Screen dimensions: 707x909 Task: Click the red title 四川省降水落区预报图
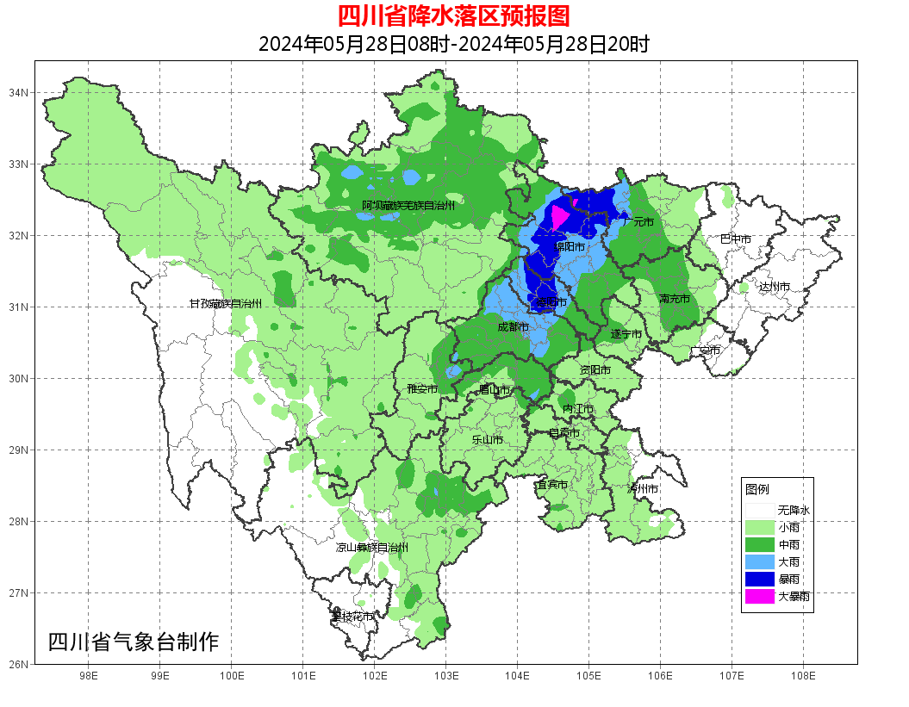(x=453, y=16)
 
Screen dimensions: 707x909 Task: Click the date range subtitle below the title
(x=453, y=44)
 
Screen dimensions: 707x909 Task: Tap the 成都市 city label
(x=514, y=327)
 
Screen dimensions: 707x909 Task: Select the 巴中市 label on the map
(x=735, y=239)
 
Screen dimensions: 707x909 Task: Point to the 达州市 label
(x=774, y=286)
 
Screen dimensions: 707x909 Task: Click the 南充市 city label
(x=674, y=299)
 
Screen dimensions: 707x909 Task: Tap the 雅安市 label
(x=422, y=389)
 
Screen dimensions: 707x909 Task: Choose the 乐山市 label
(x=487, y=439)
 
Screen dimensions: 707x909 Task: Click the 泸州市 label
(x=643, y=488)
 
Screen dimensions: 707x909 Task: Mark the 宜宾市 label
(x=551, y=485)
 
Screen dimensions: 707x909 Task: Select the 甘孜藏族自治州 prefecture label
(x=226, y=303)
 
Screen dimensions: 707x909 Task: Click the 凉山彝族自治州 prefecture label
(x=371, y=547)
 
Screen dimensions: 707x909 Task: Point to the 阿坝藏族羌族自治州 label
(x=408, y=205)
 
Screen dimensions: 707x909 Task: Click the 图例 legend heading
(x=757, y=489)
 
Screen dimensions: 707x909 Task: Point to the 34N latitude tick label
(x=19, y=92)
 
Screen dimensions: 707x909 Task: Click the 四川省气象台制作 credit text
(x=133, y=642)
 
